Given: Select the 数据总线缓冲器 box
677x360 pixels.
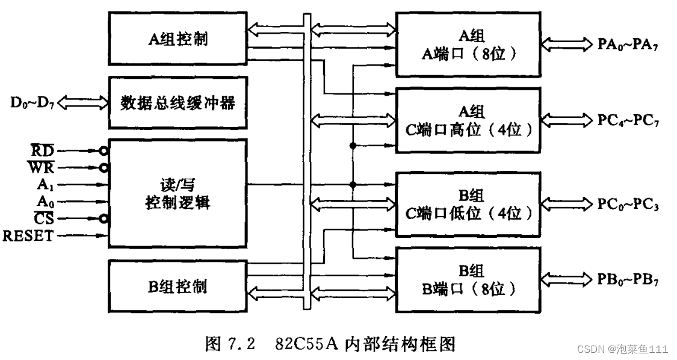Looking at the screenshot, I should (x=178, y=102).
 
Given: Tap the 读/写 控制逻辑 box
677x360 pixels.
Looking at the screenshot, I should (x=178, y=192).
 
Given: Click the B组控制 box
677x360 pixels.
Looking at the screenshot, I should (x=178, y=285).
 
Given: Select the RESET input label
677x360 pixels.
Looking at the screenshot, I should (x=28, y=235).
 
